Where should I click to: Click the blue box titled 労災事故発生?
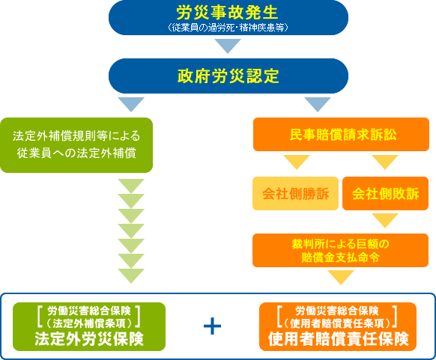(228, 17)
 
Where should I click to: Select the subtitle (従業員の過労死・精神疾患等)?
(228, 28)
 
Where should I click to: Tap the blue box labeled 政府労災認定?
(228, 76)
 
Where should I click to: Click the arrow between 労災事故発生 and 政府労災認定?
(228, 46)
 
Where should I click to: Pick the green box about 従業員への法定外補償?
(76, 145)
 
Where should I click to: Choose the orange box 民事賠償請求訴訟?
(341, 135)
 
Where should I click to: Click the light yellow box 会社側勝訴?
(296, 193)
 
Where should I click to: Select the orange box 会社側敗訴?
(385, 193)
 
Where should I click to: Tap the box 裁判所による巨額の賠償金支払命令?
(340, 250)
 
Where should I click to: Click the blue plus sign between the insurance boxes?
(213, 326)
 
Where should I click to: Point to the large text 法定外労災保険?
(89, 338)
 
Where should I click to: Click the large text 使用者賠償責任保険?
(338, 338)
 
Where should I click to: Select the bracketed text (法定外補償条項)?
(89, 323)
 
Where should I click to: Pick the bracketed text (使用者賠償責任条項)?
(337, 323)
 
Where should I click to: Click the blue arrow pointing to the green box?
(131, 105)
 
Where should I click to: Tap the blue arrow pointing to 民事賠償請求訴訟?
(318, 105)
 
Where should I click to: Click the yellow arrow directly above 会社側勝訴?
(297, 162)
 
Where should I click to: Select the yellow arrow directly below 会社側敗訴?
(385, 221)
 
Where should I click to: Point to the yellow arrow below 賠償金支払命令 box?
(341, 278)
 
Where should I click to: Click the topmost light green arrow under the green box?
(131, 186)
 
